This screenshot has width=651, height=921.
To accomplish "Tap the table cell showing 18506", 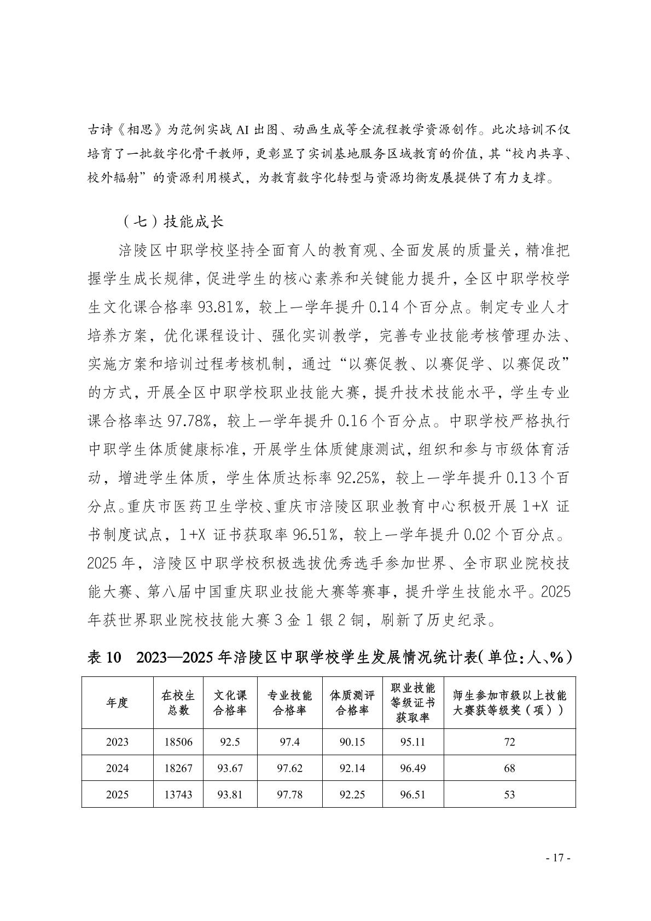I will (x=178, y=742).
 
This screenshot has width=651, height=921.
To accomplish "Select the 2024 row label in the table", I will (x=118, y=768).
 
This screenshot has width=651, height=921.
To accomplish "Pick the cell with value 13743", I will (x=178, y=795).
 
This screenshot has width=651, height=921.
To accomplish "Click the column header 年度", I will (x=118, y=703).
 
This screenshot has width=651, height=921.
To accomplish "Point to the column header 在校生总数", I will (x=178, y=703).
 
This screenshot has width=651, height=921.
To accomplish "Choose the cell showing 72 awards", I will (x=509, y=742).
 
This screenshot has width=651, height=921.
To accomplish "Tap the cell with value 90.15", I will (x=352, y=742).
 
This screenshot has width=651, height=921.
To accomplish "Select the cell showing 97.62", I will (x=289, y=768).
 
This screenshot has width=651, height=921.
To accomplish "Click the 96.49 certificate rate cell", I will (x=412, y=768).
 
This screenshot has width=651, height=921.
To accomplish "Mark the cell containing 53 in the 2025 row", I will (x=509, y=795).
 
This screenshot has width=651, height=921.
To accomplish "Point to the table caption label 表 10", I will (x=103, y=657).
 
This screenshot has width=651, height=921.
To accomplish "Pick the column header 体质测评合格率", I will (x=352, y=703).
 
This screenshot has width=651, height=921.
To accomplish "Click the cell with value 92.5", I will (x=230, y=742).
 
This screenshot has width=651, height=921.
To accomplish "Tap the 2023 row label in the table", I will (x=118, y=742).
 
